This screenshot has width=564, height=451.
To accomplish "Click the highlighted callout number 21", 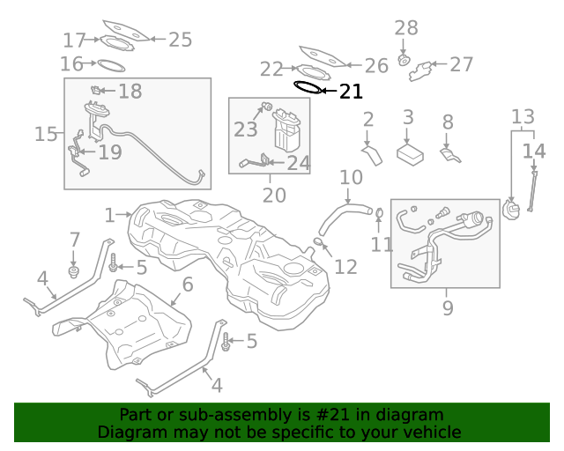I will click(351, 91).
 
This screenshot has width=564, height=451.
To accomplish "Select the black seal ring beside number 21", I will click(308, 87).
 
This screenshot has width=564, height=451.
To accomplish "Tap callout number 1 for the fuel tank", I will click(110, 215).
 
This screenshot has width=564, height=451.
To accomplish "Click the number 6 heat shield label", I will click(187, 284).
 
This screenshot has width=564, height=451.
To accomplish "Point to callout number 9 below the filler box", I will click(448, 307).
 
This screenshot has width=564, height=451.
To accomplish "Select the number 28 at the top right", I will click(405, 29).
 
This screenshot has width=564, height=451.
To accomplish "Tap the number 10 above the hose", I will click(351, 178).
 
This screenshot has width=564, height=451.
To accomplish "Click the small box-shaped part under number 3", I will click(409, 154).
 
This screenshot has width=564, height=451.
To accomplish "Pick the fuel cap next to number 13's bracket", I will click(511, 210).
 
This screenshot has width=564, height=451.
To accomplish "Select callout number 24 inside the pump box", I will click(299, 163).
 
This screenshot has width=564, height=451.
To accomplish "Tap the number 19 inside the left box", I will click(109, 152).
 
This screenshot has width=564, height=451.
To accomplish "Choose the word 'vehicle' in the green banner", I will click(432, 433).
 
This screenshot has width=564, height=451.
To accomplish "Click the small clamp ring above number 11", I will click(379, 212).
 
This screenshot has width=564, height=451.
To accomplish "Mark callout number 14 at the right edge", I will click(534, 151).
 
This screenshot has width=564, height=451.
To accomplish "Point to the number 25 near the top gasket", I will click(180, 39).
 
